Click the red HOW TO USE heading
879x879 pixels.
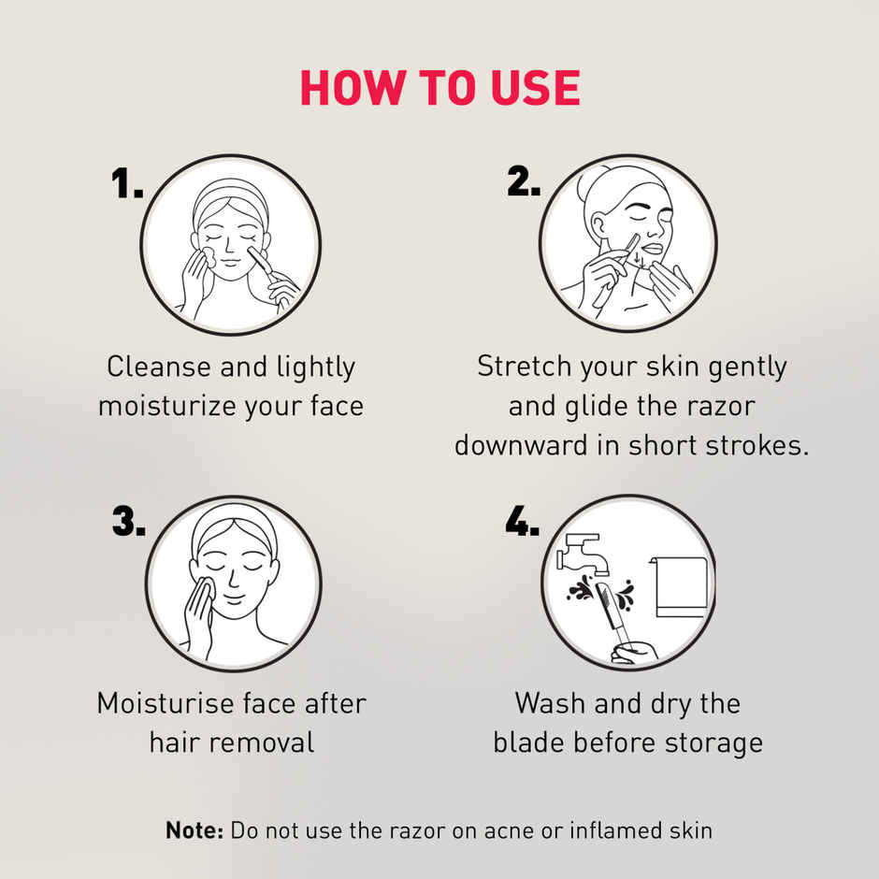pyautogui.click(x=439, y=88)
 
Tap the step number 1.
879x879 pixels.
pyautogui.click(x=127, y=184)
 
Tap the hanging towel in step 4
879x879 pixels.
pyautogui.click(x=680, y=587)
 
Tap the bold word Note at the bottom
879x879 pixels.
pyautogui.click(x=195, y=829)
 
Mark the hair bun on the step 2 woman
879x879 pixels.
pyautogui.click(x=590, y=181)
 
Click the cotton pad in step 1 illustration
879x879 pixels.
pyautogui.click(x=209, y=254)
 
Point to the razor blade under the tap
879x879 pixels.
pyautogui.click(x=606, y=599)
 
